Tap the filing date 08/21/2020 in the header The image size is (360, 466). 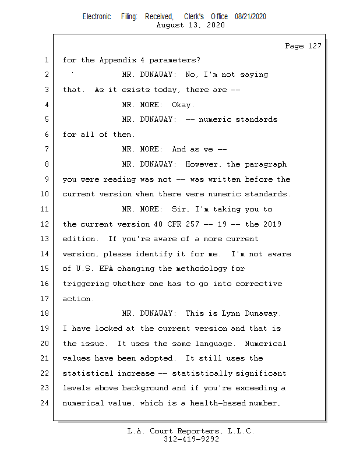(250, 17)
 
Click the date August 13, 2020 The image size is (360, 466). (191, 25)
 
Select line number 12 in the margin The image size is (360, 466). (45, 224)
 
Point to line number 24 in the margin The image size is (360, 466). (45, 403)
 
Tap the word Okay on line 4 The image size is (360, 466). (183, 105)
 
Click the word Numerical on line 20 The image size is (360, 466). (266, 343)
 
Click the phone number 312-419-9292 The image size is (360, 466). (191, 439)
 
